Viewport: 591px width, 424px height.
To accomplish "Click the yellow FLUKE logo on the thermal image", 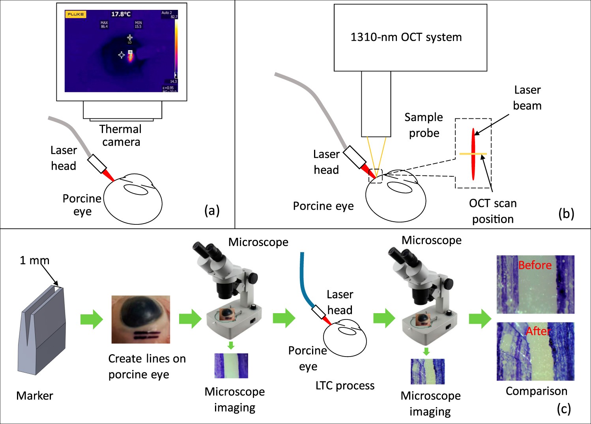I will click(x=75, y=14).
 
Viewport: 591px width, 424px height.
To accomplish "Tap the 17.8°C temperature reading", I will click(x=121, y=14).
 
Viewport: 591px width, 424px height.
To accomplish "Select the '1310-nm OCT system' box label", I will click(x=406, y=37).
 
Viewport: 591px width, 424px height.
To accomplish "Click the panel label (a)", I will click(x=212, y=211).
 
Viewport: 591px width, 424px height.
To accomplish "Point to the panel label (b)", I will click(x=566, y=213).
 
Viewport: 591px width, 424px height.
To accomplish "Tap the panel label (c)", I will click(x=564, y=409).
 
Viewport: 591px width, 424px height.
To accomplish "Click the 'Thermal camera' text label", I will click(x=121, y=135).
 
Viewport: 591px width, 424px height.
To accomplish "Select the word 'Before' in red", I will click(x=535, y=265).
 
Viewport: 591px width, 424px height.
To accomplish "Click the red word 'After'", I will click(x=538, y=331).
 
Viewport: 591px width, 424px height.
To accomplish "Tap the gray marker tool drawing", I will click(x=41, y=331).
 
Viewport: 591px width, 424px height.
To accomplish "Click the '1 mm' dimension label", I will click(x=35, y=260).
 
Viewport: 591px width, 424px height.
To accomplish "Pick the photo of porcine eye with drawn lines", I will click(x=141, y=319).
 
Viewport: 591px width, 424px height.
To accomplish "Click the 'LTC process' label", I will click(x=345, y=385).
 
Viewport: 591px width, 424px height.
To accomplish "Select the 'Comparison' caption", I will click(x=536, y=391).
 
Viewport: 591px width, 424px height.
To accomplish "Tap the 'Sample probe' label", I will click(x=424, y=125).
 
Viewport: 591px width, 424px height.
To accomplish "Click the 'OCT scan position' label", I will click(x=493, y=211).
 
